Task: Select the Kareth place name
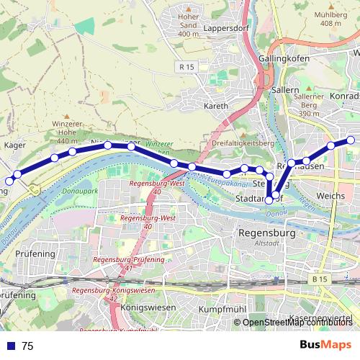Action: [x=217, y=106]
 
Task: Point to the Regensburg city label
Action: [x=266, y=234]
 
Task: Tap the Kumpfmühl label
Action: [x=217, y=308]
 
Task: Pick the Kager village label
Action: [x=16, y=145]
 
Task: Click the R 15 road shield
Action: [x=184, y=67]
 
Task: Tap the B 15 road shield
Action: [x=320, y=277]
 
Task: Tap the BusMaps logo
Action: [x=326, y=345]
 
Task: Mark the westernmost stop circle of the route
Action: [x=9, y=181]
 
